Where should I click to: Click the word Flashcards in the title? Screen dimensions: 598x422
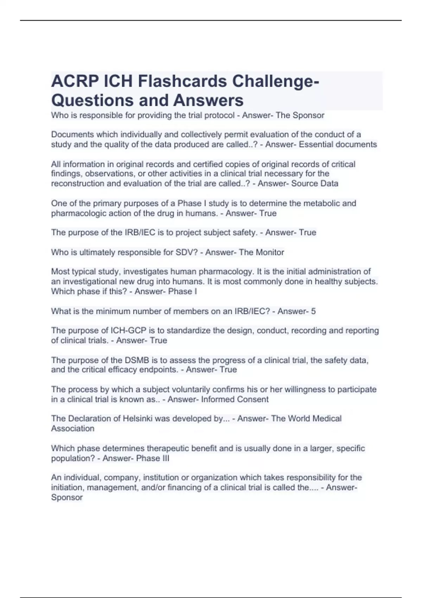tap(182, 82)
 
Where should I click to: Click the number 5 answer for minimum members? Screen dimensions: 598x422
tap(313, 311)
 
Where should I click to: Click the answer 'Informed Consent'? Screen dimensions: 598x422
tap(235, 400)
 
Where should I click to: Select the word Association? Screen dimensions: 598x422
tap(73, 429)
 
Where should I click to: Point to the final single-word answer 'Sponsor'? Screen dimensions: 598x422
tap(67, 498)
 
